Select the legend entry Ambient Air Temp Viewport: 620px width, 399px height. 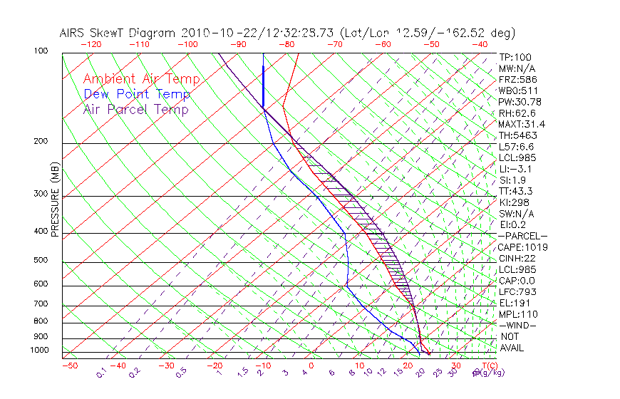(141, 79)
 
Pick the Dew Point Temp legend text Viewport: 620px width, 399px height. (137, 94)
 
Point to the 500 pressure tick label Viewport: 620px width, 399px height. (41, 261)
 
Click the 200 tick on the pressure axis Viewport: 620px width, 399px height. (41, 142)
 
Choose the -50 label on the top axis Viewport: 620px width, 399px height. (430, 44)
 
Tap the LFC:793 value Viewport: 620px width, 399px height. (517, 292)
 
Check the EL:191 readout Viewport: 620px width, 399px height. (515, 303)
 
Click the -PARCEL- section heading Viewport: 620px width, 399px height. (522, 236)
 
